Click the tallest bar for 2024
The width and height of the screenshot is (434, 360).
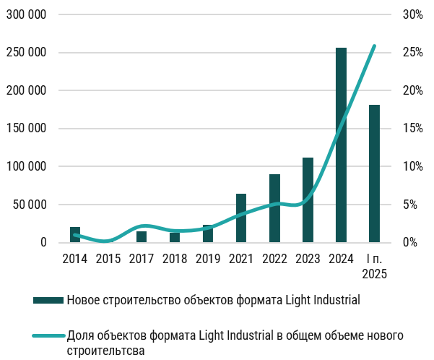pyautogui.click(x=341, y=145)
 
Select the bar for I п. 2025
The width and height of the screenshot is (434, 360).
pyautogui.click(x=374, y=173)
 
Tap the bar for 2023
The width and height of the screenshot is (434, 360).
pyautogui.click(x=308, y=200)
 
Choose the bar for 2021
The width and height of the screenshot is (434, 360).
pyautogui.click(x=241, y=218)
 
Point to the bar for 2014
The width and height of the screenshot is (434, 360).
pyautogui.click(x=75, y=235)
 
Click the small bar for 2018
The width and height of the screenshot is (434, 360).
pyautogui.click(x=175, y=237)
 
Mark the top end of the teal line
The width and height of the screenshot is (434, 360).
pyautogui.click(x=374, y=46)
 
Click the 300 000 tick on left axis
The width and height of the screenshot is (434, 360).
pyautogui.click(x=27, y=14)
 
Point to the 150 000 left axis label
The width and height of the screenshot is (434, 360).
pyautogui.click(x=27, y=129)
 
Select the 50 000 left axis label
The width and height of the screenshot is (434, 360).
pyautogui.click(x=30, y=205)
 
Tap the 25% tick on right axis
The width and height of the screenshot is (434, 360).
pyautogui.click(x=412, y=53)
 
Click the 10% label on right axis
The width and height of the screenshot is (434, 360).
pyautogui.click(x=412, y=166)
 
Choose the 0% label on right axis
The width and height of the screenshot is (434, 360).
pyautogui.click(x=409, y=242)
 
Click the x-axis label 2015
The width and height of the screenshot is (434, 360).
pyautogui.click(x=108, y=258)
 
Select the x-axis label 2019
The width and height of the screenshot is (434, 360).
pyautogui.click(x=208, y=258)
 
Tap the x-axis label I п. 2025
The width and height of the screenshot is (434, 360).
pyautogui.click(x=374, y=265)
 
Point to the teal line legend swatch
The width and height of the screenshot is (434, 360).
pyautogui.click(x=48, y=335)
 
